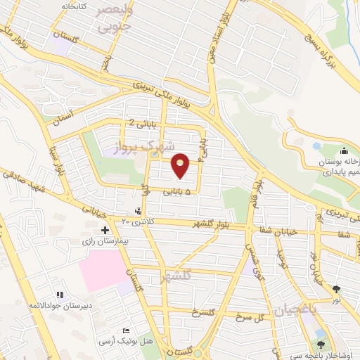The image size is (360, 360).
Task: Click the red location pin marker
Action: point(181,167)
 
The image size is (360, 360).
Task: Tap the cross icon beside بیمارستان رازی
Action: point(105,230)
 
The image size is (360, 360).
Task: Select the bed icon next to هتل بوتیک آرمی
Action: point(126,330)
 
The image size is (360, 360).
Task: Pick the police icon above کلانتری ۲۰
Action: point(138,210)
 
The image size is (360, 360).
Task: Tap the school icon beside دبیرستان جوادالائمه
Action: point(60,294)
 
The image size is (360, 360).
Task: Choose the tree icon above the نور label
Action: point(336,288)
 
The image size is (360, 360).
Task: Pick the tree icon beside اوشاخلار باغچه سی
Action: point(321,345)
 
